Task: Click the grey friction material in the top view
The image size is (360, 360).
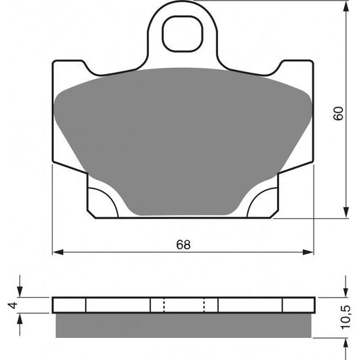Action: pyautogui.click(x=183, y=138)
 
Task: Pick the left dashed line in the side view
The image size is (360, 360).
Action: pyautogui.click(x=163, y=305)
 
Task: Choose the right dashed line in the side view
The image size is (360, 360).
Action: pyautogui.click(x=204, y=305)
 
